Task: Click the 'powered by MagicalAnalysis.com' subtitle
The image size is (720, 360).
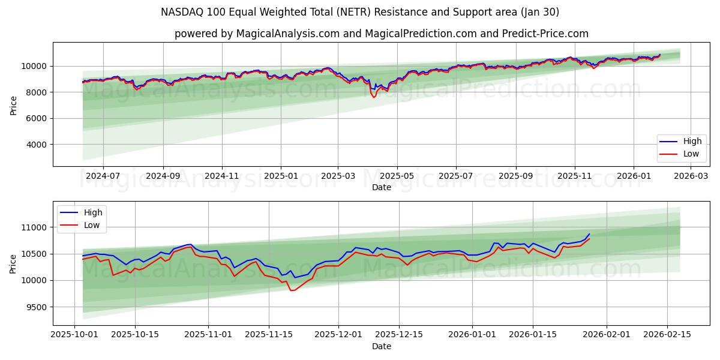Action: point(381,34)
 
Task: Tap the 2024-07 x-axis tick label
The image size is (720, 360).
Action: point(103,176)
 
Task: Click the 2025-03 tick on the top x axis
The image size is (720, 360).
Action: point(338,176)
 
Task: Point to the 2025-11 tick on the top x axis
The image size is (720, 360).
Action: point(575,176)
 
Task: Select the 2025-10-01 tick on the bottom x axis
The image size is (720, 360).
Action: point(74,335)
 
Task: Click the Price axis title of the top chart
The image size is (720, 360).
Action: point(14,104)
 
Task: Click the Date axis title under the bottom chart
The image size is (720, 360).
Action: point(381,346)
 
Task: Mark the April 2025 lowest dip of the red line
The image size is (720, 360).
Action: point(374,97)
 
